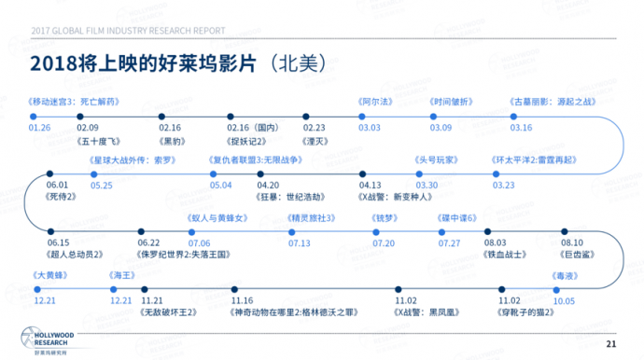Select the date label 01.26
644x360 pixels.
pyautogui.click(x=40, y=127)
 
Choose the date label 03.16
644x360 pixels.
pyautogui.click(x=521, y=127)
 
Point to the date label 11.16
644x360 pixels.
pyautogui.click(x=242, y=300)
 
